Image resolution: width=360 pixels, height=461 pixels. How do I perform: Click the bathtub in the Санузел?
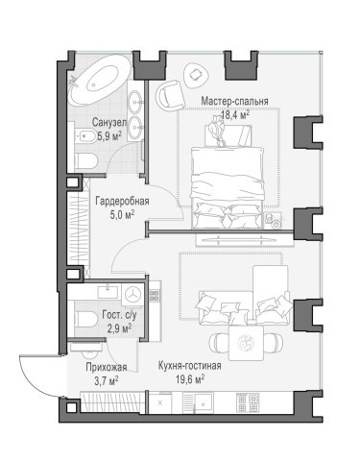click(x=100, y=81)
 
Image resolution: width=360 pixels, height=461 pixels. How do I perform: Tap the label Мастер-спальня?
click(x=234, y=101)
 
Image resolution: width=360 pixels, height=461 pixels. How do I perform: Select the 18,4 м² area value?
click(x=235, y=114)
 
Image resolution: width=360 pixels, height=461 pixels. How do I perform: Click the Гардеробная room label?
click(x=122, y=202)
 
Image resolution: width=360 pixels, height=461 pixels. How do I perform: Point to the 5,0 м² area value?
click(x=122, y=214)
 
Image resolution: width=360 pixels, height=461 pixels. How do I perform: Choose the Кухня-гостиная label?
click(x=190, y=366)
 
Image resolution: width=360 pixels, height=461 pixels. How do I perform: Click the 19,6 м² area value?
click(x=190, y=379)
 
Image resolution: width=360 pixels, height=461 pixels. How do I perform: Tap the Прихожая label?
click(x=107, y=367)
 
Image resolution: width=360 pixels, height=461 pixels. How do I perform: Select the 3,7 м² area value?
click(x=107, y=380)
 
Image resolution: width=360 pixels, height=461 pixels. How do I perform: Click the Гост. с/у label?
click(x=119, y=315)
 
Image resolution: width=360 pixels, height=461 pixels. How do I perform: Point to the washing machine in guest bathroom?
click(x=132, y=294)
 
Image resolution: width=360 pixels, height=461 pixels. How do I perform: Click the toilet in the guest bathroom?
click(x=85, y=319)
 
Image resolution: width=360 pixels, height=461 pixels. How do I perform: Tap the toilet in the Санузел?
click(x=85, y=161)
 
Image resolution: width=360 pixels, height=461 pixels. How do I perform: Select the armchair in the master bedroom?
click(x=171, y=96)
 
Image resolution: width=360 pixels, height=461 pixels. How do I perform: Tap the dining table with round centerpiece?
click(x=246, y=343)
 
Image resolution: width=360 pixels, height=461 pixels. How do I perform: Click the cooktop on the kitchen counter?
click(x=248, y=401)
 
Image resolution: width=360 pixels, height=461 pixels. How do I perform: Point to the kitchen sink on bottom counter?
click(x=204, y=401)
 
